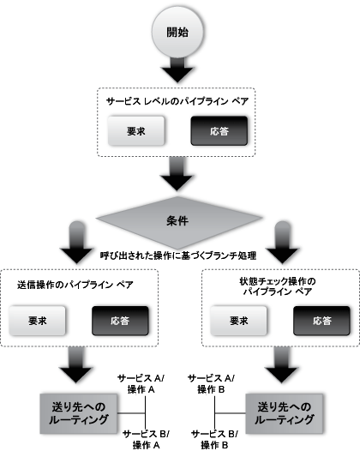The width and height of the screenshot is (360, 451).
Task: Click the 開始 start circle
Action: point(177,33)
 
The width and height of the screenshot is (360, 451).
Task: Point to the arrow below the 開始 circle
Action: point(177,69)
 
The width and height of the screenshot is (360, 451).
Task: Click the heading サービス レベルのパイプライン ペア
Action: point(177,100)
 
